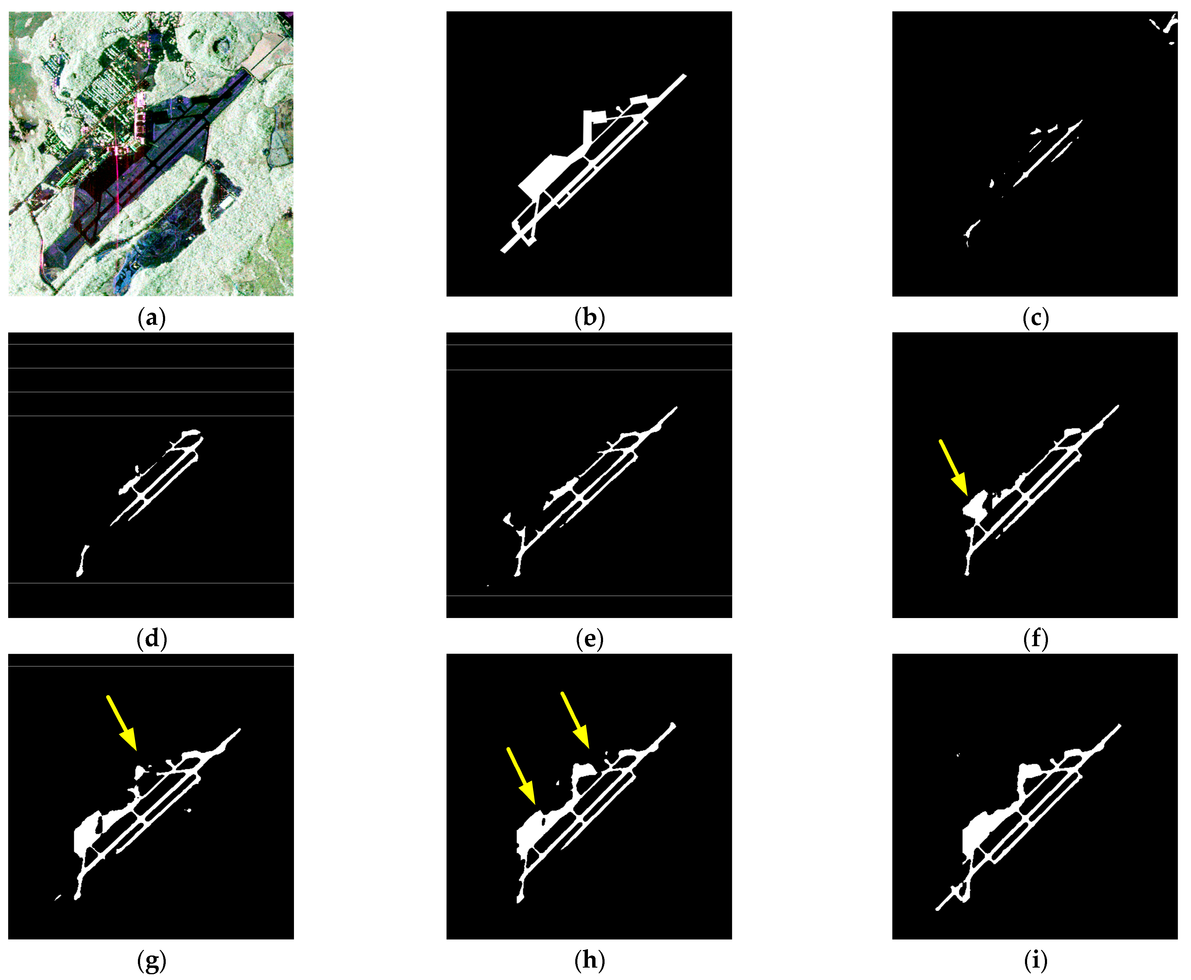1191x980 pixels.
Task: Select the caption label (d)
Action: (x=151, y=639)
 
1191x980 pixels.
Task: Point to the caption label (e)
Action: (x=589, y=639)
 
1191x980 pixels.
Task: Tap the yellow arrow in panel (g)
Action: (x=121, y=723)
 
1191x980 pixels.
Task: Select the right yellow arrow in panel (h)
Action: (x=575, y=720)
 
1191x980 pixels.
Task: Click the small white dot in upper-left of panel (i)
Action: (x=958, y=754)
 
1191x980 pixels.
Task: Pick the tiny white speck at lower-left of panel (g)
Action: (x=57, y=897)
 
